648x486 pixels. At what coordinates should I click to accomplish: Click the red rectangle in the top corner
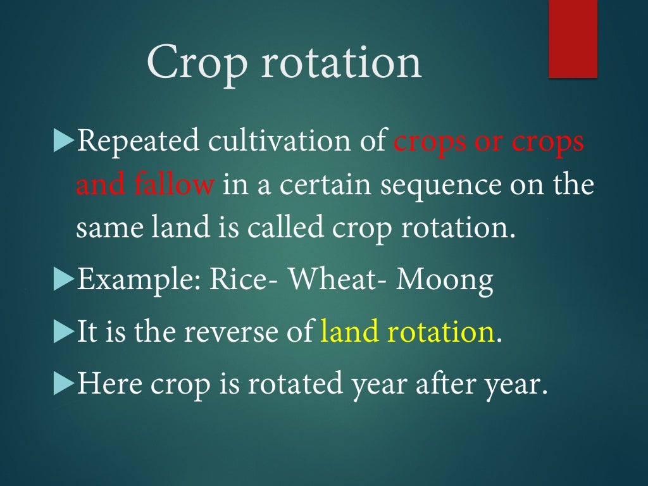pyautogui.click(x=573, y=39)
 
